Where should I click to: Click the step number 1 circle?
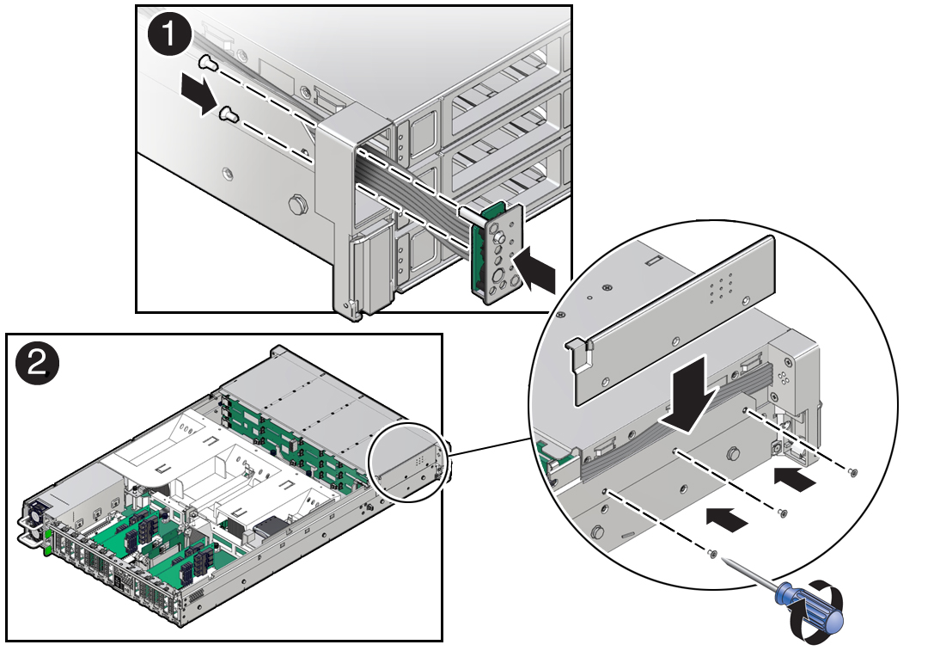169,34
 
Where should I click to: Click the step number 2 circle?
37,363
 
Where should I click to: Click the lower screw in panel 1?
229,114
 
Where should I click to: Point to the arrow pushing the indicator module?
534,270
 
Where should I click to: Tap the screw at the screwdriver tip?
712,554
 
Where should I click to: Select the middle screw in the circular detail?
783,513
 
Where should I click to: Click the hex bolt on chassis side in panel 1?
296,205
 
